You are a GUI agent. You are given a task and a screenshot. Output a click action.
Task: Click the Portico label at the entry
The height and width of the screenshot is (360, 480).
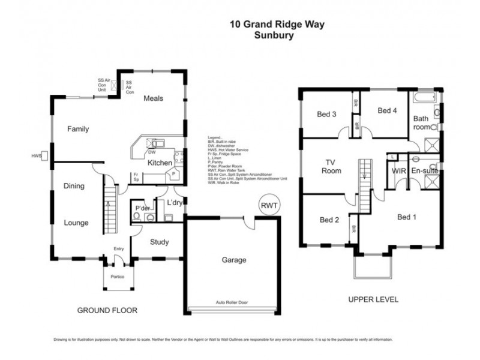[x=117, y=276]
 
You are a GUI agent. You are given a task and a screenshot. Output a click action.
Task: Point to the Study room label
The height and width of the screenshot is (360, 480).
[x=159, y=242]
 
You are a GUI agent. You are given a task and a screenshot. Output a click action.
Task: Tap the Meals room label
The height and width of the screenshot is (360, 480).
[x=153, y=98]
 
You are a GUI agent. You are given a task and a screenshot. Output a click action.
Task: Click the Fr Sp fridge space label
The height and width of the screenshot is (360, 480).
[x=136, y=178]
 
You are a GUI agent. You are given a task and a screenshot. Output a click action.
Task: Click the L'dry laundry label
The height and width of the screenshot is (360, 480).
[x=175, y=203]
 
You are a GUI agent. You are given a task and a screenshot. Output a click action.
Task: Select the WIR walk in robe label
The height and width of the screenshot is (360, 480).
[x=400, y=171]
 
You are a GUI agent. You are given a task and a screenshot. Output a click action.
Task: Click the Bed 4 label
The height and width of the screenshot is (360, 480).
[x=387, y=110]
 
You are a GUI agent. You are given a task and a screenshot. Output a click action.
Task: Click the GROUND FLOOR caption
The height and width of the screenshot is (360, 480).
[x=107, y=310]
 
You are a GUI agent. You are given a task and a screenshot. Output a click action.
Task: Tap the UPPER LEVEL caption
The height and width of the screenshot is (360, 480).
[x=370, y=299]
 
